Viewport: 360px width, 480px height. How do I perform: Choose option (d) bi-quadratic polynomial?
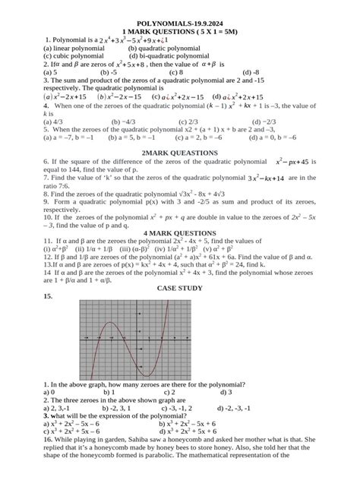[169, 56]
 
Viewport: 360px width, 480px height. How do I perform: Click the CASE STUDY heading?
[180, 289]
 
